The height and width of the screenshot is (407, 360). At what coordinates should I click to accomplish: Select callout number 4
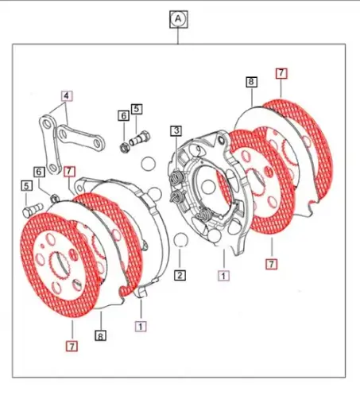pyautogui.click(x=67, y=96)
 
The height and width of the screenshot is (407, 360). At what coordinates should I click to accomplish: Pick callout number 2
pyautogui.click(x=180, y=276)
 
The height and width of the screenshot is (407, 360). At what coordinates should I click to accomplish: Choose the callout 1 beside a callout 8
pyautogui.click(x=140, y=325)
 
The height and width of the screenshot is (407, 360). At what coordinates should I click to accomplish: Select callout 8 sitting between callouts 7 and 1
pyautogui.click(x=101, y=336)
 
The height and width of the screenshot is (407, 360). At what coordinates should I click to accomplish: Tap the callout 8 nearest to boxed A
pyautogui.click(x=250, y=82)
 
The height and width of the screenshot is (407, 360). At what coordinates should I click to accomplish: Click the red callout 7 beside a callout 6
pyautogui.click(x=70, y=171)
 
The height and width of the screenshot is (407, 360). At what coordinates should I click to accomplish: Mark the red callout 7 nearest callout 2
pyautogui.click(x=272, y=263)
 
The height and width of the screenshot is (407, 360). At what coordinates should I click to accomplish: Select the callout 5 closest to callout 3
pyautogui.click(x=137, y=108)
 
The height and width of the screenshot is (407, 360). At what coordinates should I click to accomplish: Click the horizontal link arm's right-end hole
pyautogui.click(x=96, y=144)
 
